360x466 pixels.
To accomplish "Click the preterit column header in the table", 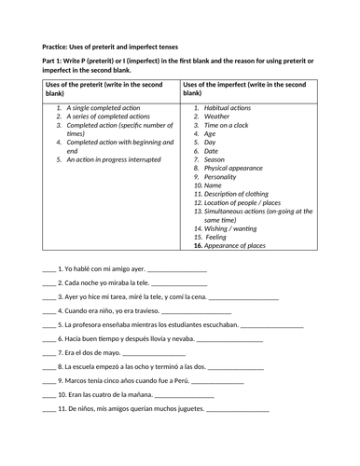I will pyautogui.click(x=103, y=89).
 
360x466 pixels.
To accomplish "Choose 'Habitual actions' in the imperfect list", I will pyautogui.click(x=233, y=108).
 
